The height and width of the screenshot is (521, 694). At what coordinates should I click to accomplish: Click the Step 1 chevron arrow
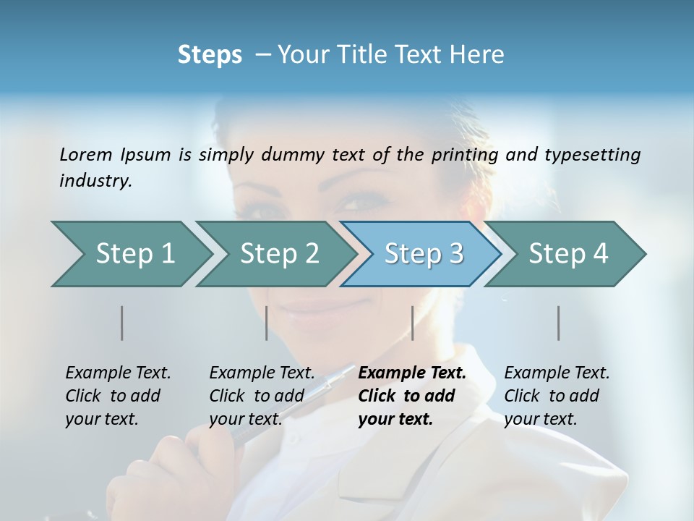(130, 254)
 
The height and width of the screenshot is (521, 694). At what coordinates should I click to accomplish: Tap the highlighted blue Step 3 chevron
(423, 254)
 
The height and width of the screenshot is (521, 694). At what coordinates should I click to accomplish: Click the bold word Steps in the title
(210, 55)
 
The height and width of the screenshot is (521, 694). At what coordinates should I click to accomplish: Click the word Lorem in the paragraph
(85, 154)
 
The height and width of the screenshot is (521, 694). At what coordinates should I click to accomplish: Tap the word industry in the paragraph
(94, 181)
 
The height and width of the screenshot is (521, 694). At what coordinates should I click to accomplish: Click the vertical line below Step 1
(121, 323)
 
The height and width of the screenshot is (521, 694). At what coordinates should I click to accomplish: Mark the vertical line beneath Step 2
(267, 323)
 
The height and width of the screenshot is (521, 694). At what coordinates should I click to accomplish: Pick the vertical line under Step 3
(412, 323)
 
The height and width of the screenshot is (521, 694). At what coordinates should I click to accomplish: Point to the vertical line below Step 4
(558, 323)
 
